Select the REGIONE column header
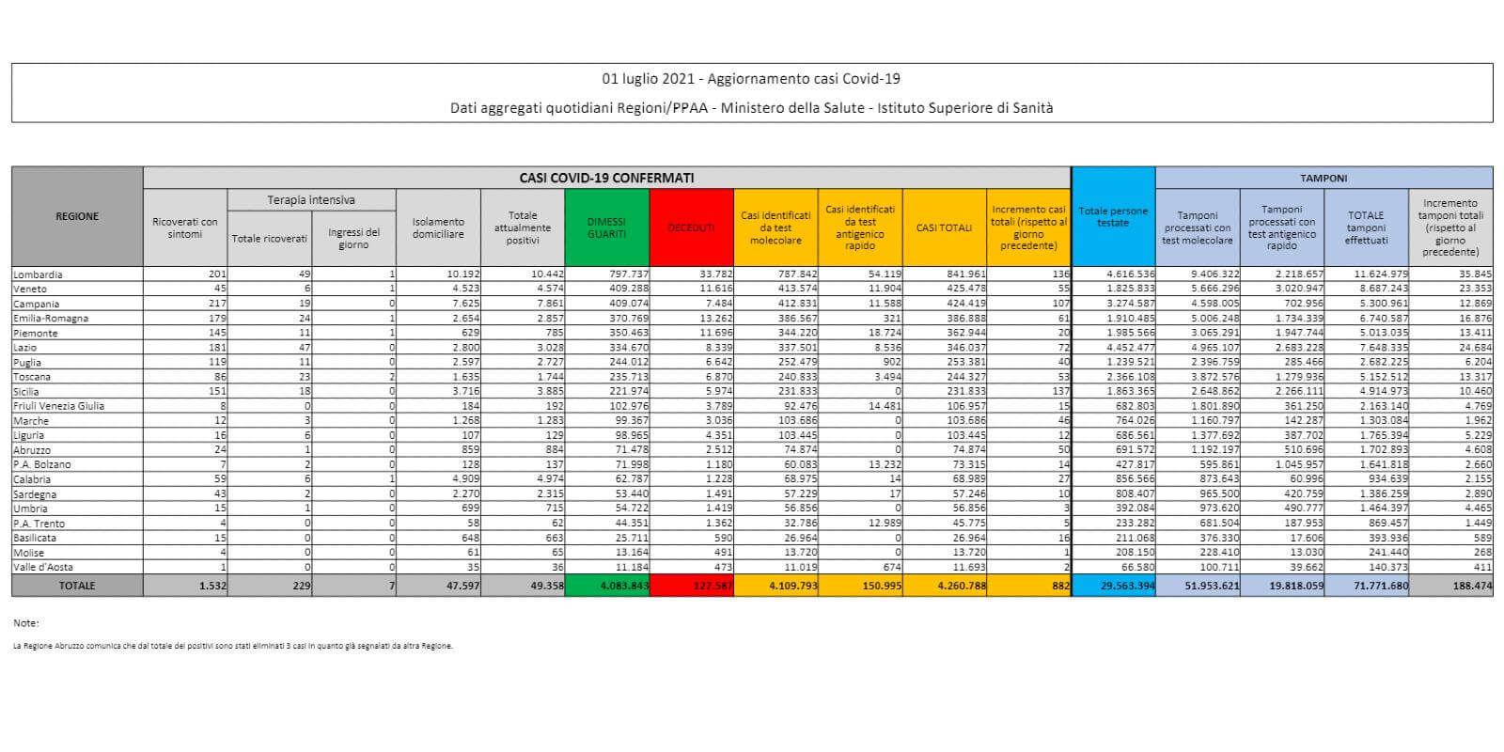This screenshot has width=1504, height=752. click(77, 216)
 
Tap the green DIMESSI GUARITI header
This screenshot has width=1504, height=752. click(606, 227)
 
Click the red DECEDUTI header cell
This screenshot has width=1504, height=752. click(691, 227)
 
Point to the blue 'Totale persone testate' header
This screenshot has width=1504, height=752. click(1113, 216)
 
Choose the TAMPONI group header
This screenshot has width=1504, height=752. click(1323, 178)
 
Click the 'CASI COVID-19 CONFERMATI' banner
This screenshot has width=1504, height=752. click(606, 178)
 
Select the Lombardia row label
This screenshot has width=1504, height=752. click(39, 274)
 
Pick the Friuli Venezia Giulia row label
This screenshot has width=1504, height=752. click(59, 406)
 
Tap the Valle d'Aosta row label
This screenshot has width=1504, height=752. click(43, 567)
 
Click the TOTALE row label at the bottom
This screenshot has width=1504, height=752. click(77, 585)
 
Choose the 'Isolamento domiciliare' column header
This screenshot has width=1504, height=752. click(438, 227)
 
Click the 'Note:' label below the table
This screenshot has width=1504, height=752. click(26, 623)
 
